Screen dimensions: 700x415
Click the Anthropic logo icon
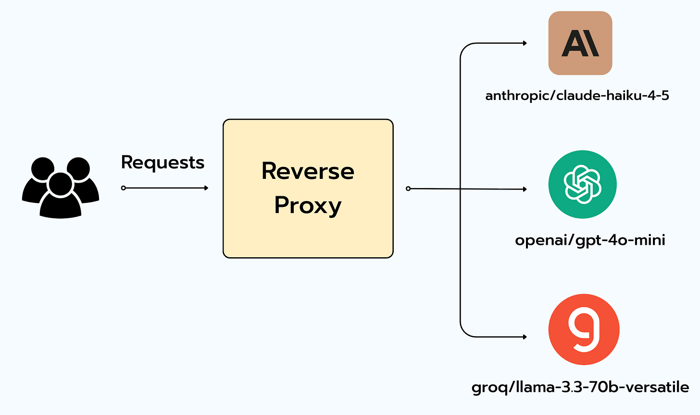tap(580, 43)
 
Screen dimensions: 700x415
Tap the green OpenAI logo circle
tap(583, 184)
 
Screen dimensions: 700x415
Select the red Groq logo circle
tap(584, 329)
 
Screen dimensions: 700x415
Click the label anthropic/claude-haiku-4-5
tap(577, 96)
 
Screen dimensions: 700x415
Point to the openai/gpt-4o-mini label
tap(590, 240)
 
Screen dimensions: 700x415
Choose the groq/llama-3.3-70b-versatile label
tap(580, 388)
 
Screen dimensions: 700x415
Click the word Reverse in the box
tap(308, 171)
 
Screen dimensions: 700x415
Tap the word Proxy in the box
tap(308, 206)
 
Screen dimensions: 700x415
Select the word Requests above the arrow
tap(163, 163)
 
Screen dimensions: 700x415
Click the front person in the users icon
tap(60, 195)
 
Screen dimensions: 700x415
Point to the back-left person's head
tap(43, 169)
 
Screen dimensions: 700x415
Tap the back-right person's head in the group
tap(78, 169)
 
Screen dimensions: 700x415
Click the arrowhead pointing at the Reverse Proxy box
tap(206, 188)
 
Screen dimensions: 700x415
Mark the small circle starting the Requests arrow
tap(124, 188)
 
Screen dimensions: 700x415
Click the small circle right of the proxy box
tap(408, 189)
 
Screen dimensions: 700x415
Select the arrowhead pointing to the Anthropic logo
tap(525, 43)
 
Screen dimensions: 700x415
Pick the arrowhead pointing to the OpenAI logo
tap(525, 189)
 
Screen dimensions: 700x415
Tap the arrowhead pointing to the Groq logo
tap(525, 337)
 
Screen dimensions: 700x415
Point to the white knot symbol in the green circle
tap(583, 184)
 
